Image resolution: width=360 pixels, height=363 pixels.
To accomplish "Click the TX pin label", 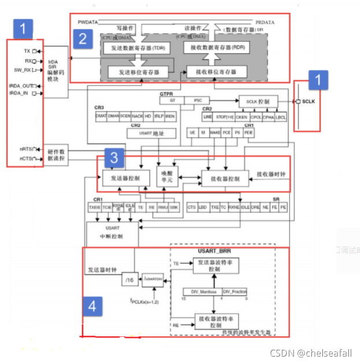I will (x=26, y=51).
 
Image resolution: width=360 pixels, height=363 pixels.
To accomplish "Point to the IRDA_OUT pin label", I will (x=21, y=86).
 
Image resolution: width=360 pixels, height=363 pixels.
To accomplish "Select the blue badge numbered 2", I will (x=83, y=39).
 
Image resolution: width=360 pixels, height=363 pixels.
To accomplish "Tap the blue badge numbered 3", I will (x=115, y=157).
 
